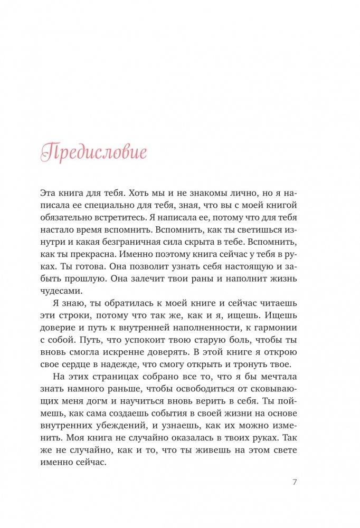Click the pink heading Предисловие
(x=94, y=153)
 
